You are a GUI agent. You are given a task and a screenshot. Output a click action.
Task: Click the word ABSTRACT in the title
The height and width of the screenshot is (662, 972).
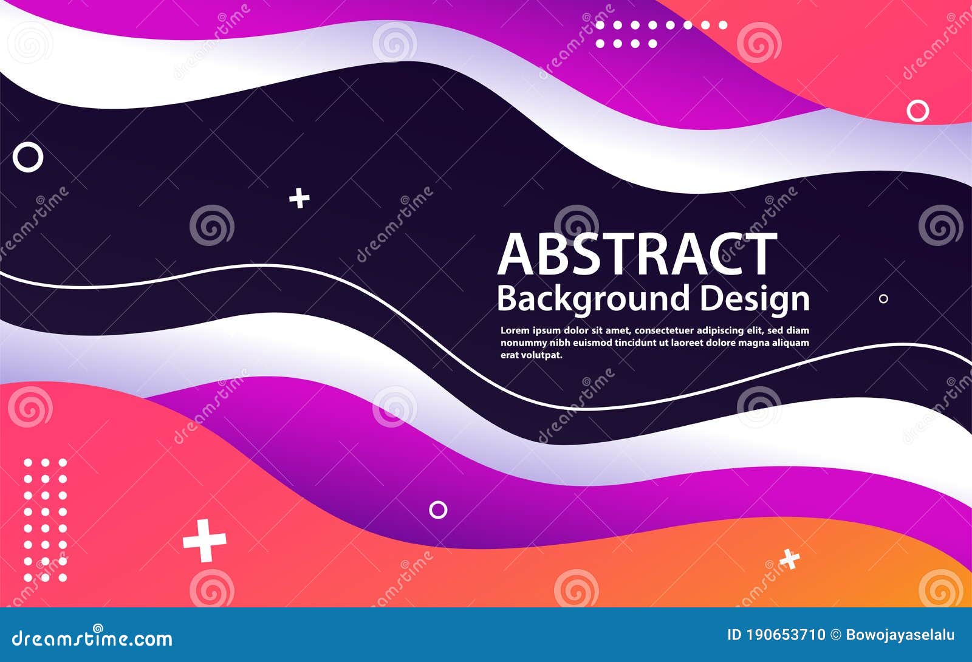[x=637, y=255]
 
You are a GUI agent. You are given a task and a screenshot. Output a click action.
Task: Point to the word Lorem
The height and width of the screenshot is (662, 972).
[x=515, y=331]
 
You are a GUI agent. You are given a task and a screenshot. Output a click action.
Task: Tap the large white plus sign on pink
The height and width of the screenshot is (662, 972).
[x=205, y=540]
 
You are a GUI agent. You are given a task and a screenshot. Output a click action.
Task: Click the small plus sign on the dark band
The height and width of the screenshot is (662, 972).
[x=299, y=198]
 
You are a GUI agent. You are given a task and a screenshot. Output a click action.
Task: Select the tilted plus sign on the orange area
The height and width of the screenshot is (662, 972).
[x=789, y=559]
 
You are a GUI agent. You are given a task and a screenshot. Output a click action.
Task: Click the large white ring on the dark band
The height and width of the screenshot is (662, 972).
[x=28, y=158]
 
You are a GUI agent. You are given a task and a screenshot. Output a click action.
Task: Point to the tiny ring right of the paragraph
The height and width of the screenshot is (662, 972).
[x=883, y=299]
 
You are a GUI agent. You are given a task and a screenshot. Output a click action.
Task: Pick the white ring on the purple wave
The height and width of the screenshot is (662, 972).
[x=438, y=510]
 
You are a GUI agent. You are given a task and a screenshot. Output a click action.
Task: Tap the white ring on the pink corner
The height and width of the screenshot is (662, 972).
[x=917, y=111]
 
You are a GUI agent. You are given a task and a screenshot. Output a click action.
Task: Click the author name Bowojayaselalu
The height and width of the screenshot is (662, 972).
[x=900, y=635]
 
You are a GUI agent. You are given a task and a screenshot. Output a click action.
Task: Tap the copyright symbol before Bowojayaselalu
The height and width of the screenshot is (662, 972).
[x=836, y=635]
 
